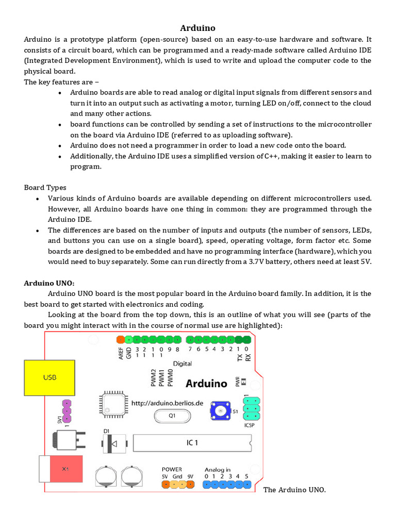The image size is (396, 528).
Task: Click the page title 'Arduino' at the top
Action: click(x=197, y=28)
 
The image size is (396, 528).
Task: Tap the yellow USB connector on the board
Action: click(x=49, y=377)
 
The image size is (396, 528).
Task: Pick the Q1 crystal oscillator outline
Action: click(x=172, y=415)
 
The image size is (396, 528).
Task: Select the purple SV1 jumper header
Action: click(x=66, y=410)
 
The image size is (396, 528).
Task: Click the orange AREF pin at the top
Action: click(x=120, y=340)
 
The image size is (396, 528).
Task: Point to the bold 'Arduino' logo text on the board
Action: click(x=206, y=383)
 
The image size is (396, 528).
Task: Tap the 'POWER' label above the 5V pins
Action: click(x=172, y=470)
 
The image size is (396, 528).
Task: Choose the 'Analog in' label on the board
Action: click(x=218, y=470)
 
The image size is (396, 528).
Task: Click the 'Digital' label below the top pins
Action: click(x=182, y=364)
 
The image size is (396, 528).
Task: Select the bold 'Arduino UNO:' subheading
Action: click(x=49, y=283)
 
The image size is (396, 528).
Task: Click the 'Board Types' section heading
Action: click(x=45, y=188)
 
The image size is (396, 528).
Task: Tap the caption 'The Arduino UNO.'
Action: click(x=294, y=489)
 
